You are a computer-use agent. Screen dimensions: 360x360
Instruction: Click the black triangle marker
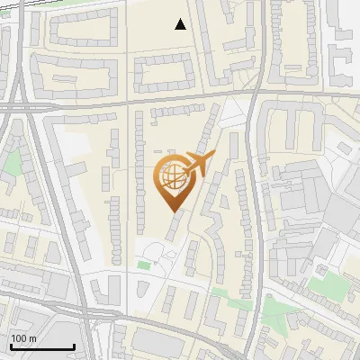pos(181,24)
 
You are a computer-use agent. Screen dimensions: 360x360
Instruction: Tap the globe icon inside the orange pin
pos(172,176)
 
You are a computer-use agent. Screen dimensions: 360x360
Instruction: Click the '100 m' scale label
pos(23,337)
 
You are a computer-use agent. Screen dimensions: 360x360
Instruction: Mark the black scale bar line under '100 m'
pos(41,346)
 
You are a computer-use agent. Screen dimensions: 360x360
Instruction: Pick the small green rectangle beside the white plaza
pos(144,265)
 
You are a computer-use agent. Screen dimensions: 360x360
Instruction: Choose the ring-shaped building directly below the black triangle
pos(166,71)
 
